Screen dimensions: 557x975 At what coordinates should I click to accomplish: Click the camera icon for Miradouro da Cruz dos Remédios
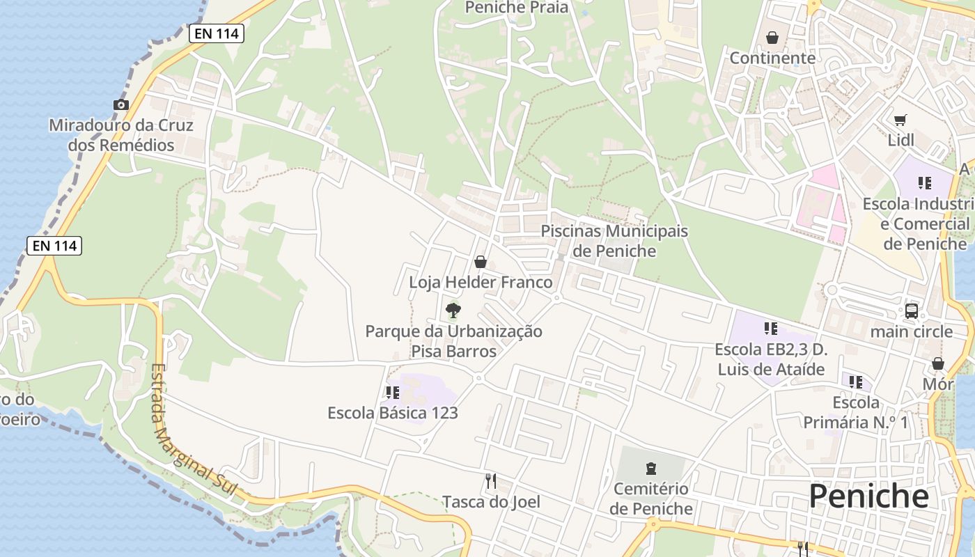pyautogui.click(x=121, y=105)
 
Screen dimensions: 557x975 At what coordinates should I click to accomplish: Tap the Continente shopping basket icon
pyautogui.click(x=772, y=38)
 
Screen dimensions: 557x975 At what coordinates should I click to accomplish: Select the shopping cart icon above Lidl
pyautogui.click(x=900, y=120)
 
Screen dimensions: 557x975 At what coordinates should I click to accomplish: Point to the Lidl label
pyautogui.click(x=900, y=140)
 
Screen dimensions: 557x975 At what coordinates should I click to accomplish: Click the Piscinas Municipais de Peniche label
pyautogui.click(x=614, y=241)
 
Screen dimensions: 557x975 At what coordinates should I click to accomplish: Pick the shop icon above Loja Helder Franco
pyautogui.click(x=481, y=262)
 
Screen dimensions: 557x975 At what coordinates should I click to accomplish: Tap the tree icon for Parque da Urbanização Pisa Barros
pyautogui.click(x=453, y=310)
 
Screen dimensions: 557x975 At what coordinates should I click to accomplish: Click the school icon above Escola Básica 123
pyautogui.click(x=392, y=393)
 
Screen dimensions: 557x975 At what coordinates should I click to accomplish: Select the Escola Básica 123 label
pyautogui.click(x=393, y=413)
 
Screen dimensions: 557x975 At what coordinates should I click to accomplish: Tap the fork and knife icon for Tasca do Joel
pyautogui.click(x=491, y=480)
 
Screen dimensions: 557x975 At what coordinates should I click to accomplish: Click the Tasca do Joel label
pyautogui.click(x=491, y=501)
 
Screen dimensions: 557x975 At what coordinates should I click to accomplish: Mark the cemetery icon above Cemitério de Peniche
pyautogui.click(x=651, y=469)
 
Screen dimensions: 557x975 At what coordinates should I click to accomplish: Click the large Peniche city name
pyautogui.click(x=868, y=496)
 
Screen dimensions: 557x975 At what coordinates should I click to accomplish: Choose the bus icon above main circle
pyautogui.click(x=911, y=311)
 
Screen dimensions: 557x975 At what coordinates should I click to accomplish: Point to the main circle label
pyautogui.click(x=911, y=331)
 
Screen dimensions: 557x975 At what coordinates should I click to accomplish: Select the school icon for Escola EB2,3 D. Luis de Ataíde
pyautogui.click(x=770, y=328)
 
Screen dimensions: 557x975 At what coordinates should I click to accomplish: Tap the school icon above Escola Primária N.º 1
pyautogui.click(x=856, y=382)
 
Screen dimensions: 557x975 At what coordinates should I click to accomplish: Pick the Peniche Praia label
pyautogui.click(x=517, y=8)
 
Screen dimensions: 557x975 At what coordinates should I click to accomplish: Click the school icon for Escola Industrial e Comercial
pyautogui.click(x=924, y=183)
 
